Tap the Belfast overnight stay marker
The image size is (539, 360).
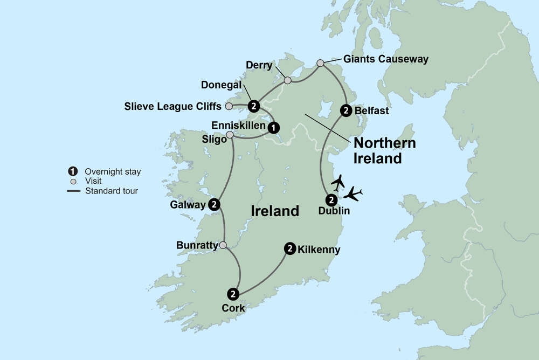346,110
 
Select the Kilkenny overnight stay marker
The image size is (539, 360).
290,248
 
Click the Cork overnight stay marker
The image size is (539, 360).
233,294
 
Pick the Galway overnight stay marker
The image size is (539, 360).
214,204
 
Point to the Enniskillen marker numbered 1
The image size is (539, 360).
274,127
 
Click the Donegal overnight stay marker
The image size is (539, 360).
254,106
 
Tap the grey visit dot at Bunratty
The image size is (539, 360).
222,245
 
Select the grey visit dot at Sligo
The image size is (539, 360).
230,135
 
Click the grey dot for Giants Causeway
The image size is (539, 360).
320,63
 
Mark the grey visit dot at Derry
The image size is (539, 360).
287,80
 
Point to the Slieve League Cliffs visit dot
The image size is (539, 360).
229,106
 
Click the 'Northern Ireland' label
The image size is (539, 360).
384,151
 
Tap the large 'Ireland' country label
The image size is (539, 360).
275,211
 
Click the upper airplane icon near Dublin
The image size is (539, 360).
338,182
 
